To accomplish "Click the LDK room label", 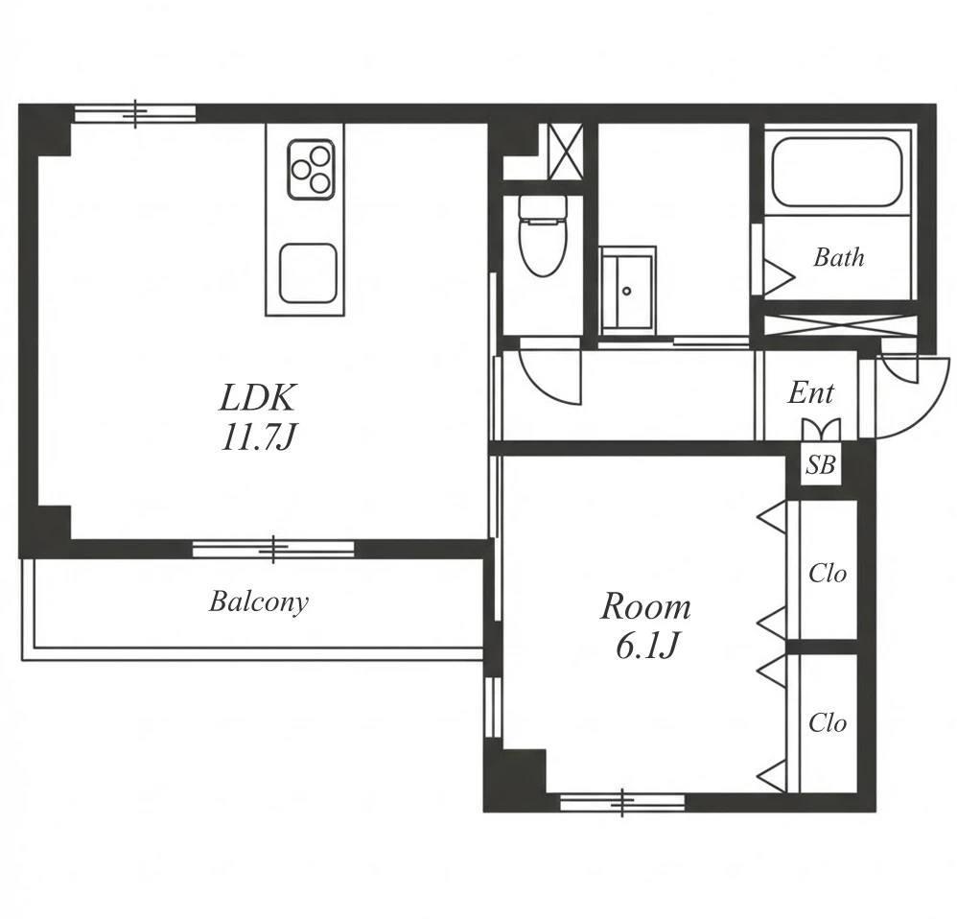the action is point(258,397).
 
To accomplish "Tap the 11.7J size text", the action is point(258,437).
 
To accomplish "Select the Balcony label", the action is point(259,602).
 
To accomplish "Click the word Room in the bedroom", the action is point(645,607).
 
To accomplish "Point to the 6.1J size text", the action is point(647,646).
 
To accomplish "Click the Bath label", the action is point(839,257).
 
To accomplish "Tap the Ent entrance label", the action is point(810,392).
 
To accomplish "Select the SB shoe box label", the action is point(820,465).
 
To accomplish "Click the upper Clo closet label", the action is point(828,574).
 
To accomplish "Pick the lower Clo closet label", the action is point(828,723).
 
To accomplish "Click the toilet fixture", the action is point(543,235).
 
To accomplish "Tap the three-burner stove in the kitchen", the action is point(312,169).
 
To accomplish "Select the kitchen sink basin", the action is point(308,273).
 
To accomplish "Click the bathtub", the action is point(837,173).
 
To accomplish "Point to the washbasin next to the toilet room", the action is point(627,291).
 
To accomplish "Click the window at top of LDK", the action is point(135,113).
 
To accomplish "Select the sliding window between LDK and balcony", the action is point(273,549).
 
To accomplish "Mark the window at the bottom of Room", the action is point(622,802).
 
